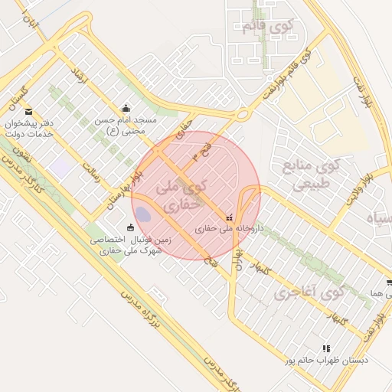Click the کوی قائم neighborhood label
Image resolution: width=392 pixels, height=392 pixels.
point(267,27)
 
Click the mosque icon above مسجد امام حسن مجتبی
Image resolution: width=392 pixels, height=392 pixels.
point(126,108)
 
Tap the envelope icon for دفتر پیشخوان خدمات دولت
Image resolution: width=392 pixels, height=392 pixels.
point(29,112)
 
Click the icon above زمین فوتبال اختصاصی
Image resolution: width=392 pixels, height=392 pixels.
point(130,227)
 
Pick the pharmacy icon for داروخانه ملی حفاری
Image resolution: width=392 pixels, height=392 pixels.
point(230,217)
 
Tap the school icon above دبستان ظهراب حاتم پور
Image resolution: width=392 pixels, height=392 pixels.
point(327,348)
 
